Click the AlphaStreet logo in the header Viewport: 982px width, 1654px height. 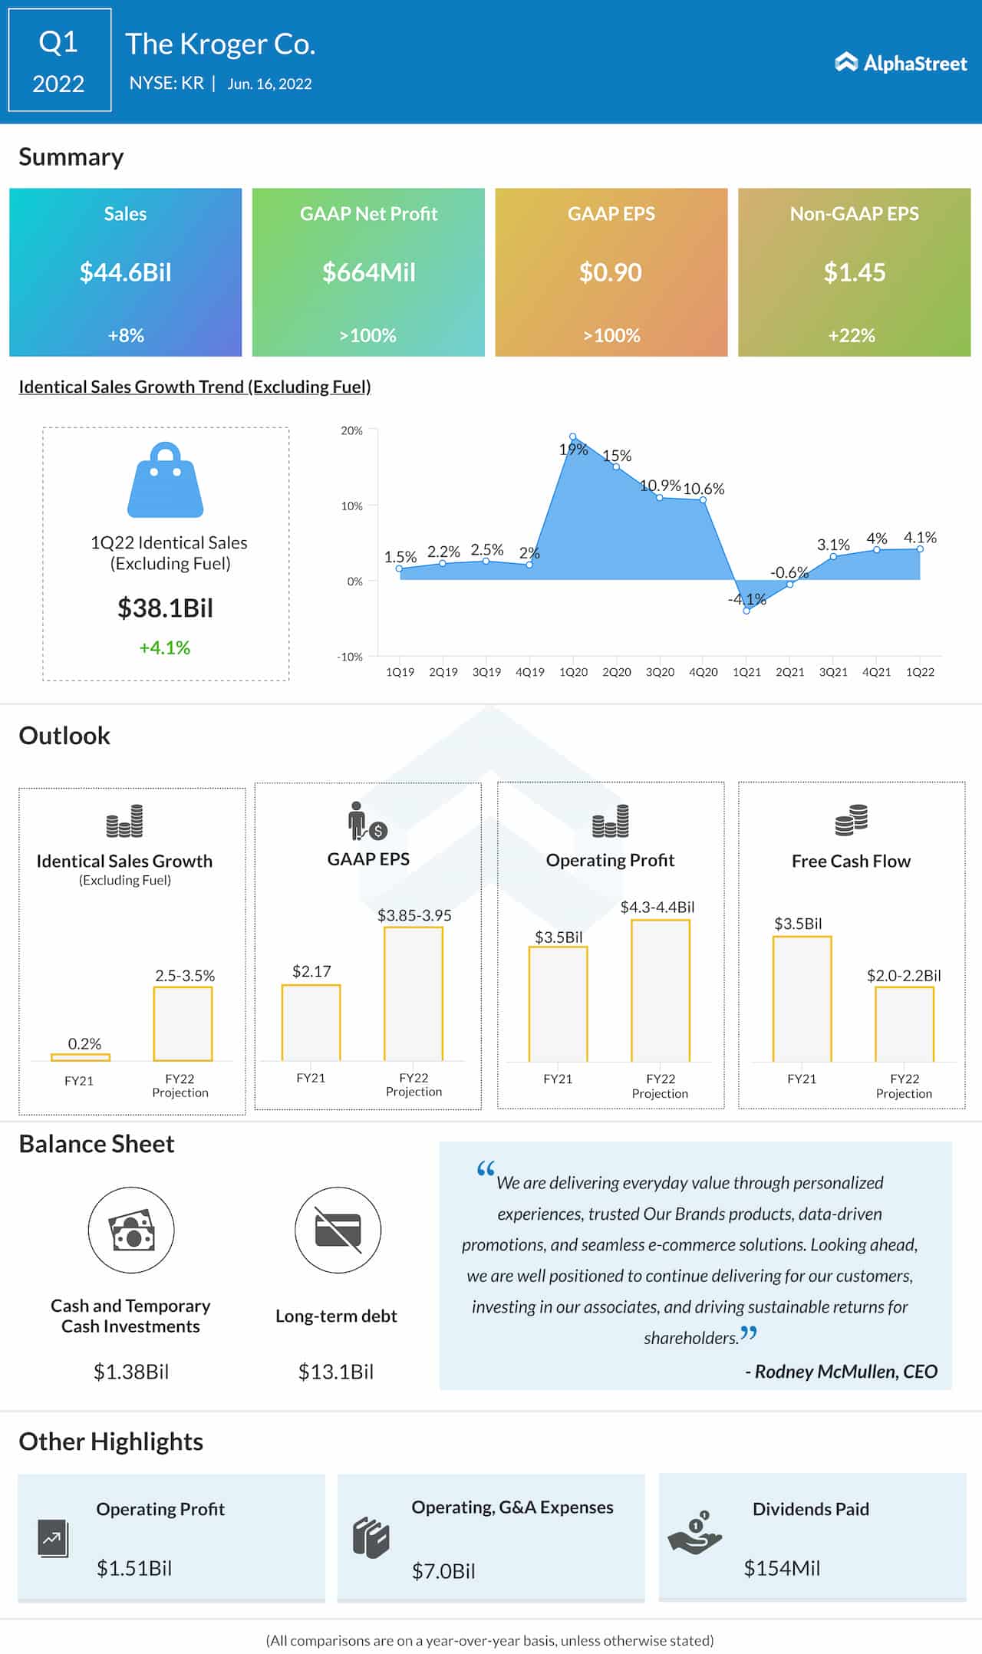901,63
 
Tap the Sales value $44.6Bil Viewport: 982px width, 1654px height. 126,272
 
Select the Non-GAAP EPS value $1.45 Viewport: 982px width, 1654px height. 854,272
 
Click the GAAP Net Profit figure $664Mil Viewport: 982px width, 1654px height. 368,272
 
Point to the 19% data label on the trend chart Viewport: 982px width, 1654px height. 573,449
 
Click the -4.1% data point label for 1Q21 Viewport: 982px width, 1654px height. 747,599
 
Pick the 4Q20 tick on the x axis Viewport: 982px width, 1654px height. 703,672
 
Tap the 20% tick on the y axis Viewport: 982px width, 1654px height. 351,431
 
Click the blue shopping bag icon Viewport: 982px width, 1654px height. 166,480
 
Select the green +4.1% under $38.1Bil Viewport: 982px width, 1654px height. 165,647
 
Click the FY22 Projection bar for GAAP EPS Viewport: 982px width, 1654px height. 414,993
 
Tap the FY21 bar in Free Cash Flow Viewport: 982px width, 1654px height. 802,998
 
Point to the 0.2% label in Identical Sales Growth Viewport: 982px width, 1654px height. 84,1043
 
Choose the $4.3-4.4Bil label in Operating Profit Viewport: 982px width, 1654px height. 657,907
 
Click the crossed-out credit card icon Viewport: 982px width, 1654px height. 338,1230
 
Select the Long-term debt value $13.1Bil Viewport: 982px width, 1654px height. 336,1372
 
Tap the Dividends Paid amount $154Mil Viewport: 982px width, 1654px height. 782,1568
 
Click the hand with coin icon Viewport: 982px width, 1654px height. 695,1534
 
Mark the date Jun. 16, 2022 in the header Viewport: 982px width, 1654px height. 269,84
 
